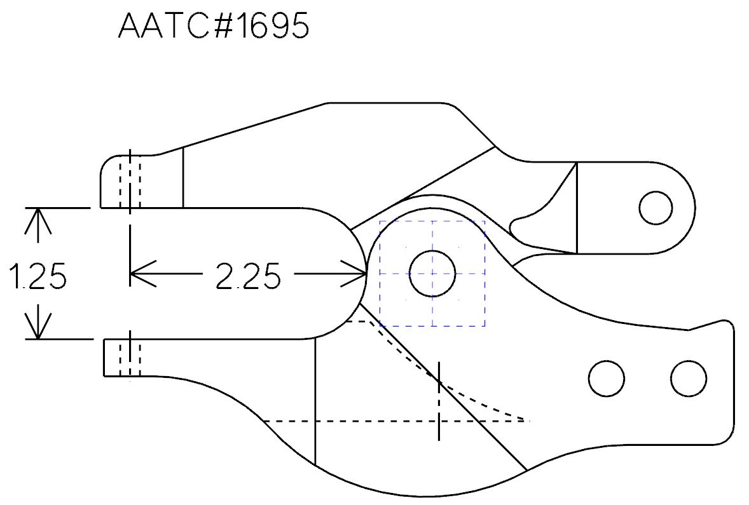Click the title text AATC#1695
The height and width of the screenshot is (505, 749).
click(x=214, y=27)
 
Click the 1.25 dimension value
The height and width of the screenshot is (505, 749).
click(x=38, y=277)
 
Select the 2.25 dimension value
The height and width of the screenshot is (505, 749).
click(x=248, y=277)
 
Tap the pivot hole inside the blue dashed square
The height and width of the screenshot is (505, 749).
click(x=432, y=273)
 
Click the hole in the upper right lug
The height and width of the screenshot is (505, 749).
click(x=656, y=208)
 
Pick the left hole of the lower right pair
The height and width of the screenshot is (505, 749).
click(x=607, y=379)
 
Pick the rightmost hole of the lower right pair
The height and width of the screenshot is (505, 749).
click(x=689, y=379)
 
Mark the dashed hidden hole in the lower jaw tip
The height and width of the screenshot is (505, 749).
click(x=130, y=357)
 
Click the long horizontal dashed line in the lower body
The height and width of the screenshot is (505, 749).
click(x=350, y=421)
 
